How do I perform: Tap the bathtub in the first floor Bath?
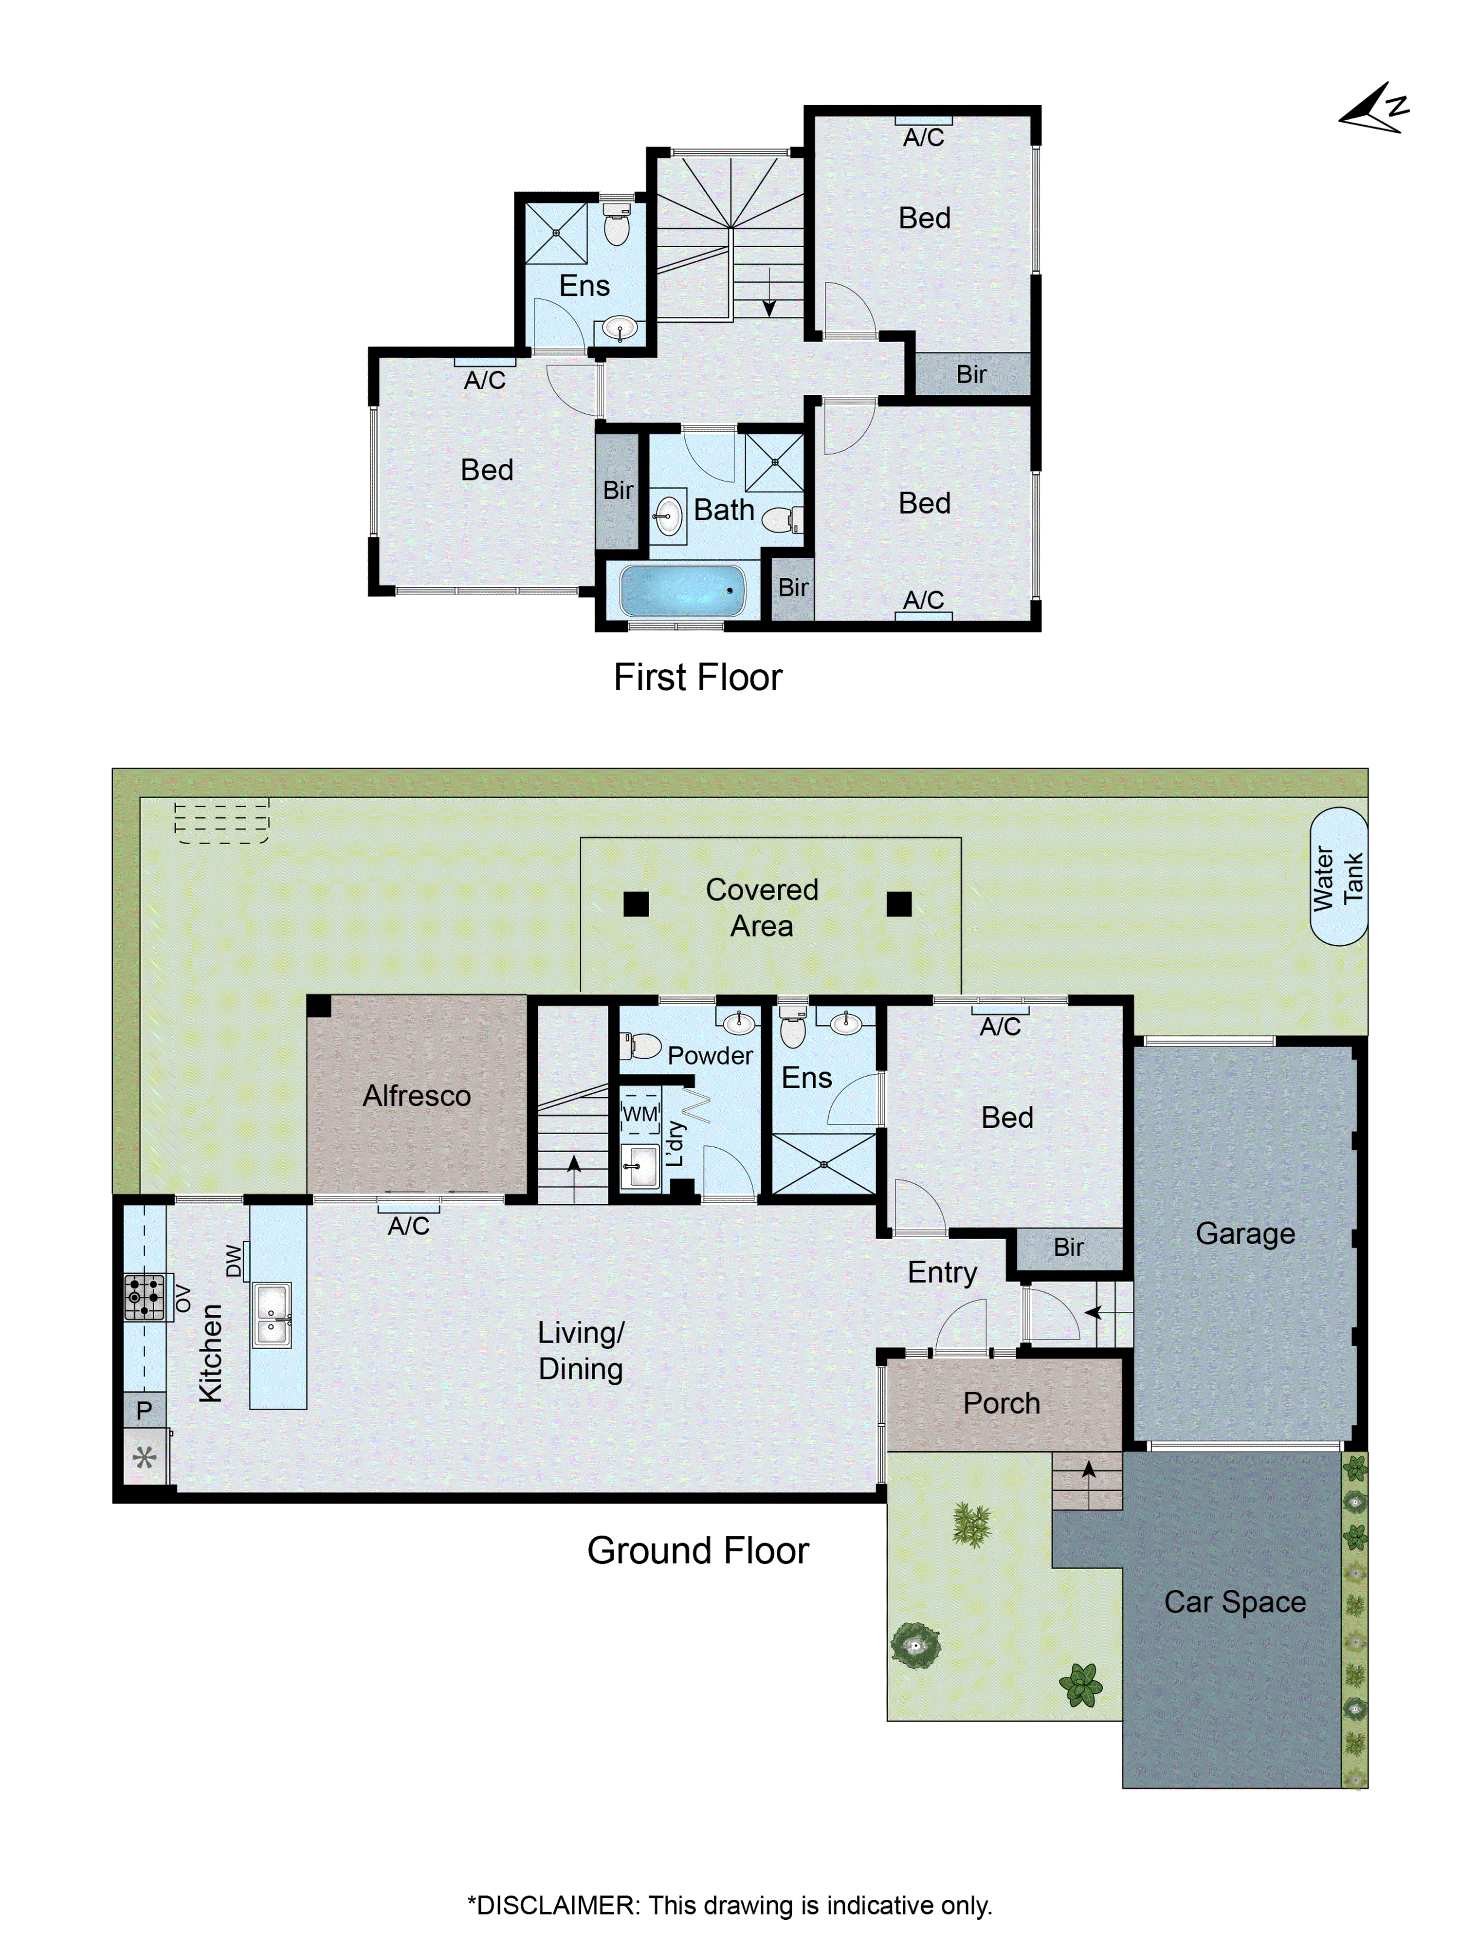point(682,590)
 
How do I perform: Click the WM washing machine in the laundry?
point(640,1114)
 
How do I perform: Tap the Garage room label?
point(1244,1233)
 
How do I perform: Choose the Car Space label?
point(1234,1601)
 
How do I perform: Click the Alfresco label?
point(416,1096)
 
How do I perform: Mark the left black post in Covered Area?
point(636,904)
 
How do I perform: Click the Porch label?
point(1001,1403)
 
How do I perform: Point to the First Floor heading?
point(697,678)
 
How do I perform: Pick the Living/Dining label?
point(581,1350)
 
